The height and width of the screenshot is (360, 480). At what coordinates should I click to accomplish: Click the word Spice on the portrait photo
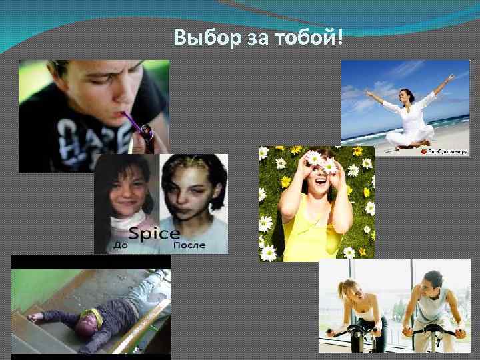click(x=155, y=233)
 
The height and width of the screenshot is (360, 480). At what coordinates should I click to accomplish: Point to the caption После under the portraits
click(x=189, y=246)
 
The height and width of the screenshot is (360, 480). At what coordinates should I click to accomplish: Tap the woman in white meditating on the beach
click(x=410, y=117)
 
